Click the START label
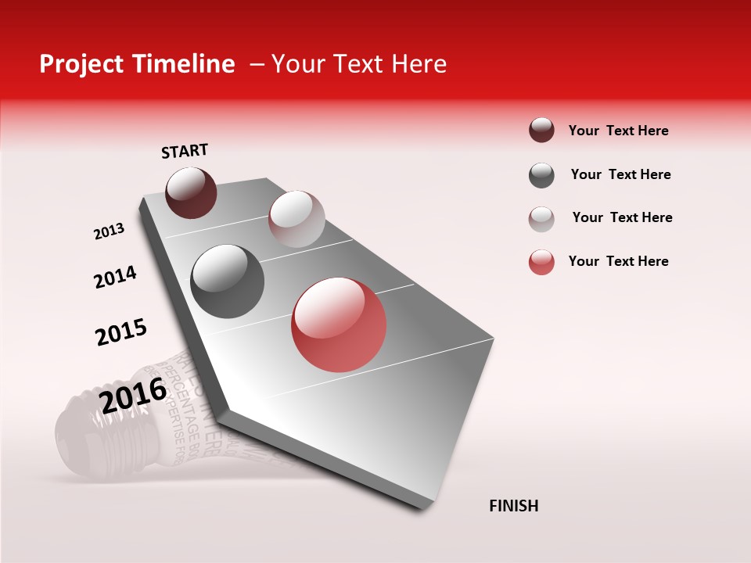(x=185, y=151)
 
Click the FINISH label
(x=514, y=506)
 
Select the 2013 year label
(x=109, y=231)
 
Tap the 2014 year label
(x=115, y=278)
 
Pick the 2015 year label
(x=121, y=332)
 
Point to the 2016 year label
(x=133, y=396)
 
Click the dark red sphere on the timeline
(x=191, y=192)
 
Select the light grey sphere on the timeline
(x=296, y=218)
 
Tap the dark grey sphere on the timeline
(x=227, y=281)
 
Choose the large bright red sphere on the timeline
(x=339, y=325)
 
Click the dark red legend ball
(x=541, y=130)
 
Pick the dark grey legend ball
(x=541, y=175)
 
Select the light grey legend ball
(x=541, y=219)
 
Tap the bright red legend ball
(x=541, y=262)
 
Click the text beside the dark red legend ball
(x=618, y=131)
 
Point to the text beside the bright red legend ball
(x=618, y=261)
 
